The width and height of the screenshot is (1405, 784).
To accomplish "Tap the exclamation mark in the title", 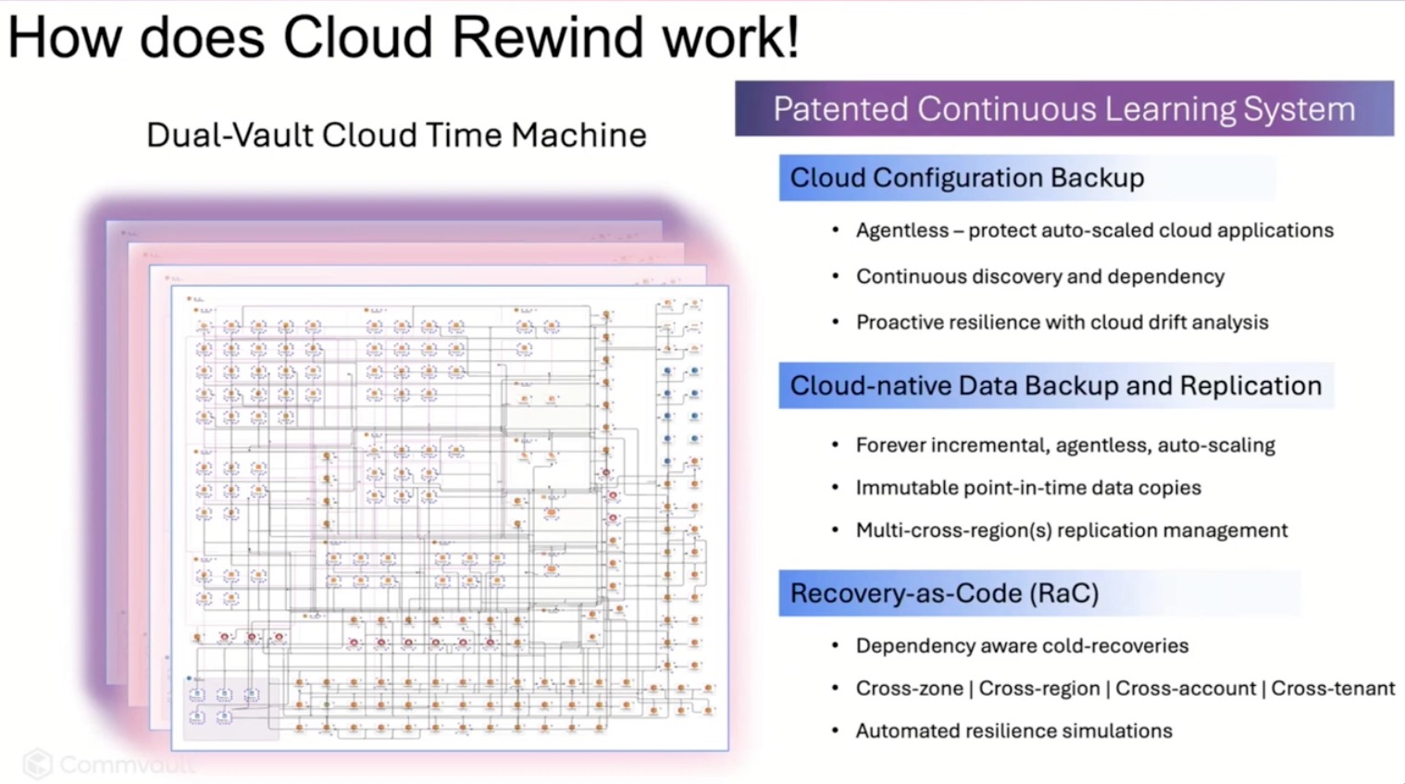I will click(x=791, y=38).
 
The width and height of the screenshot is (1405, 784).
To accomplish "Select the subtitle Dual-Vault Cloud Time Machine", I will click(x=396, y=135).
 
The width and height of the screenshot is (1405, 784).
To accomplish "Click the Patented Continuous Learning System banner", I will click(x=1063, y=109).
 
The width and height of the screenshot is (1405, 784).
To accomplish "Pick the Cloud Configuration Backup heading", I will click(x=966, y=178).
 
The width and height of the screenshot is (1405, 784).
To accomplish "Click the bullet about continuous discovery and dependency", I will click(x=1039, y=277).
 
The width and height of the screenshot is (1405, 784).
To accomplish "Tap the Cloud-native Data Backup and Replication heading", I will click(x=1055, y=386).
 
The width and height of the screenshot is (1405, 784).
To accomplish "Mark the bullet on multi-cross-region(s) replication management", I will click(x=1071, y=530).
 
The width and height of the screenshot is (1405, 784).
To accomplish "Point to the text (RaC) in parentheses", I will click(x=1063, y=593).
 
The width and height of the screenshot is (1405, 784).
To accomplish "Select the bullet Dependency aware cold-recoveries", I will click(x=1022, y=646).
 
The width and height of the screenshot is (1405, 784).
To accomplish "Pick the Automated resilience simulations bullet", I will click(x=1013, y=731).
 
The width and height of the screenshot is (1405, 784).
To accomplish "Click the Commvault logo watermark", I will click(x=109, y=764).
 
